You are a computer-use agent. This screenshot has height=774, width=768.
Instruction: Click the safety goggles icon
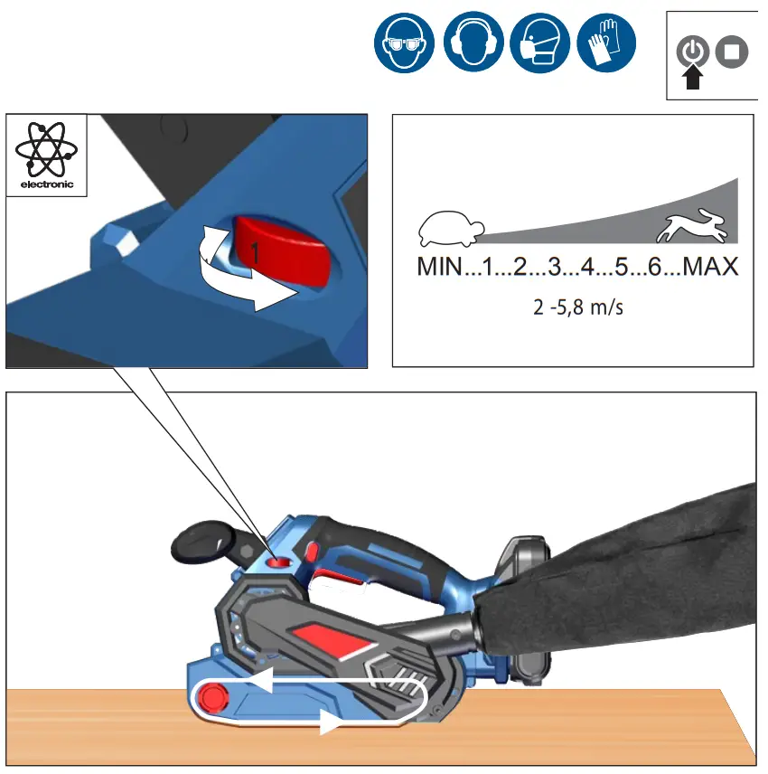pyautogui.click(x=404, y=43)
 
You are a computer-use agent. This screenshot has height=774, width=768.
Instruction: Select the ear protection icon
pyautogui.click(x=473, y=43)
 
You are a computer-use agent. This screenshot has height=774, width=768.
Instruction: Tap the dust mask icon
pyautogui.click(x=539, y=43)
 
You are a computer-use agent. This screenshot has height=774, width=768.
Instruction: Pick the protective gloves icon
pyautogui.click(x=606, y=43)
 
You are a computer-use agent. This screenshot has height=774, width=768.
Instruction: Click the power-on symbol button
pyautogui.click(x=692, y=52)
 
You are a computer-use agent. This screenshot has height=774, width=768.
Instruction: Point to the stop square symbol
pyautogui.click(x=731, y=52)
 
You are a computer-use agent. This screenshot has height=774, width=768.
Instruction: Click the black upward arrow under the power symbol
pyautogui.click(x=692, y=79)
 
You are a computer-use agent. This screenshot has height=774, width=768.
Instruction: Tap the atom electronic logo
pyautogui.click(x=46, y=150)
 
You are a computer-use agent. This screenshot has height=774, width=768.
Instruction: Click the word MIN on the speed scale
pyautogui.click(x=439, y=268)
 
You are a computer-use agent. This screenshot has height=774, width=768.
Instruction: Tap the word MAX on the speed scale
pyautogui.click(x=710, y=268)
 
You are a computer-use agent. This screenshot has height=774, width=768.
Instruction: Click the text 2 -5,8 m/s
pyautogui.click(x=578, y=307)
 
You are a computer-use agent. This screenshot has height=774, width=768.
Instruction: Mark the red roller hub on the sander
pyautogui.click(x=214, y=696)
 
